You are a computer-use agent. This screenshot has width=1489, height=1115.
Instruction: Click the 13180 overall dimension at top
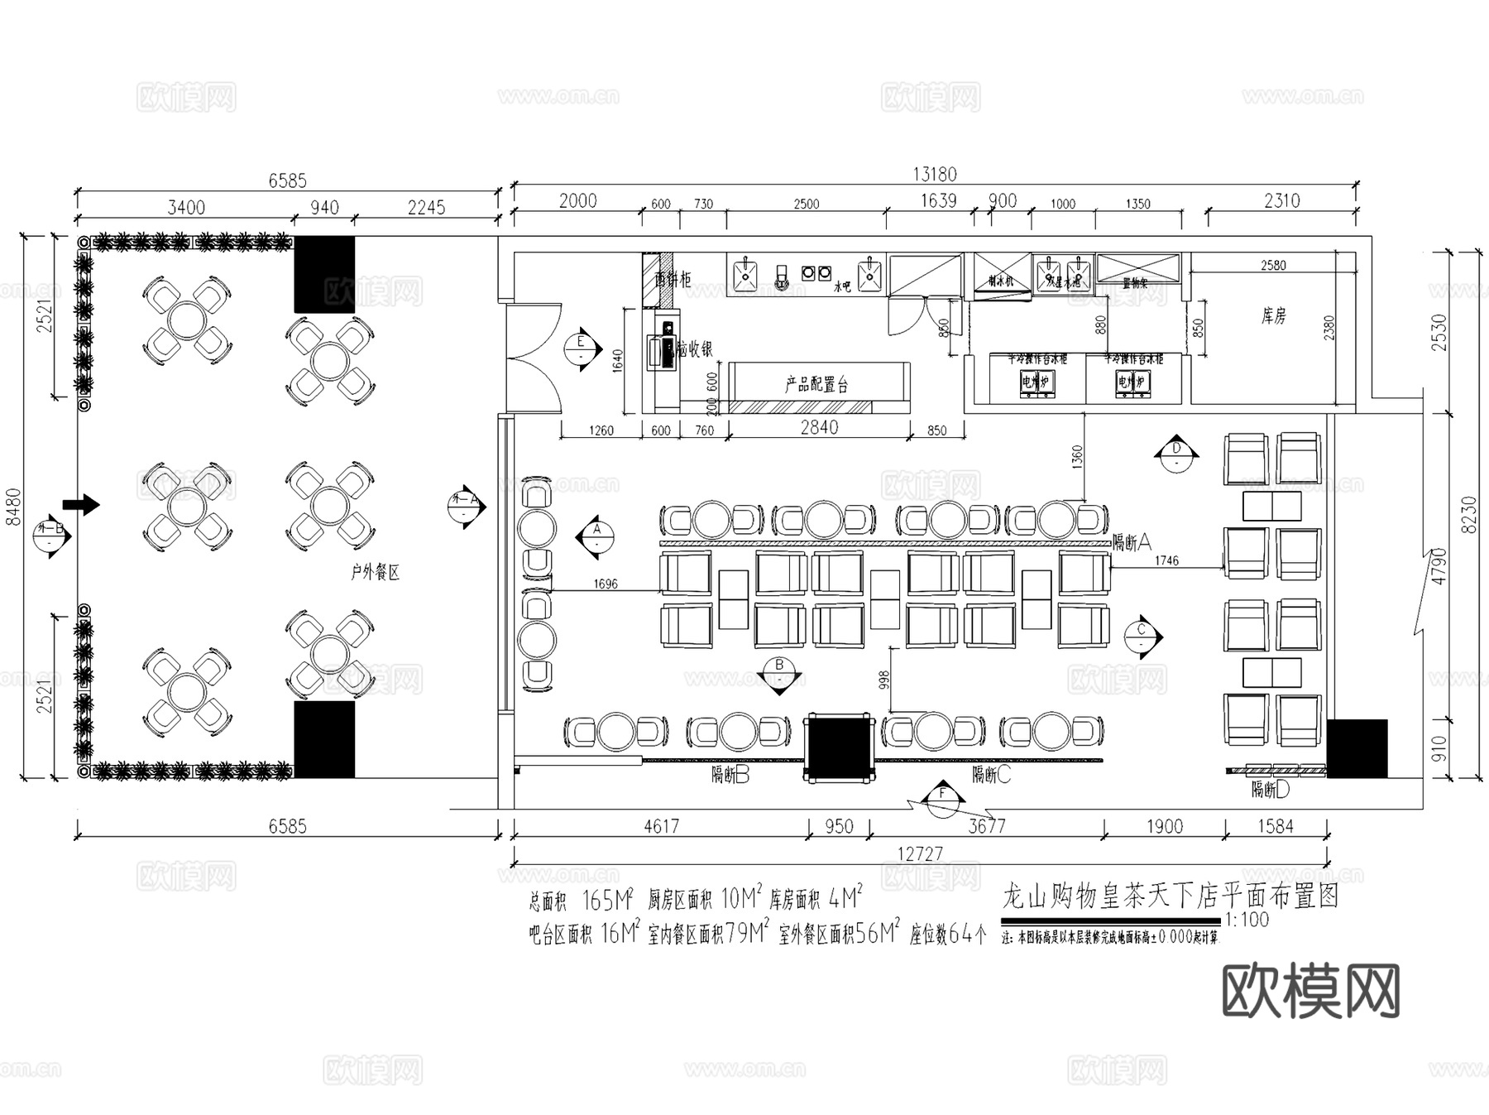(934, 174)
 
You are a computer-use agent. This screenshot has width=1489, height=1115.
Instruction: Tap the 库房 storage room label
(1273, 315)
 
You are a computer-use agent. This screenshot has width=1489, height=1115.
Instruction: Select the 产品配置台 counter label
(816, 384)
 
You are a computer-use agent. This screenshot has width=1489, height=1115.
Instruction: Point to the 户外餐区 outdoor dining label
(375, 572)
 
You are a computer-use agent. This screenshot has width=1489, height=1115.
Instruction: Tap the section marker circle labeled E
(582, 348)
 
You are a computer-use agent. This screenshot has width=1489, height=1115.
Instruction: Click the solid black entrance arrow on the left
(81, 504)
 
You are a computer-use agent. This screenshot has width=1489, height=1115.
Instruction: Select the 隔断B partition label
(730, 775)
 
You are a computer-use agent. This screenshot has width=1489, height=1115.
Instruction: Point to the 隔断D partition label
(1270, 790)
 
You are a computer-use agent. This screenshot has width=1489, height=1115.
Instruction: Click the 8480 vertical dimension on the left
(14, 507)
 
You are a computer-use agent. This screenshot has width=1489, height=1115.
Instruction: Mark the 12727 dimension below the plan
(920, 853)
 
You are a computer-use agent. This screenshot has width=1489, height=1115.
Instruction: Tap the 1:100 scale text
(1247, 920)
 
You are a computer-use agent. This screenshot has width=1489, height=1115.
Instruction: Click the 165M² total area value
(608, 899)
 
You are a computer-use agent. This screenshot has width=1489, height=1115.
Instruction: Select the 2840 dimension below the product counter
(819, 427)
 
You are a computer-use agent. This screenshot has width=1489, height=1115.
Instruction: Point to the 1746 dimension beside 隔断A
(1166, 560)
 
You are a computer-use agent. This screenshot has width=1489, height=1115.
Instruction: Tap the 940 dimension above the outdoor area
(324, 207)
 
